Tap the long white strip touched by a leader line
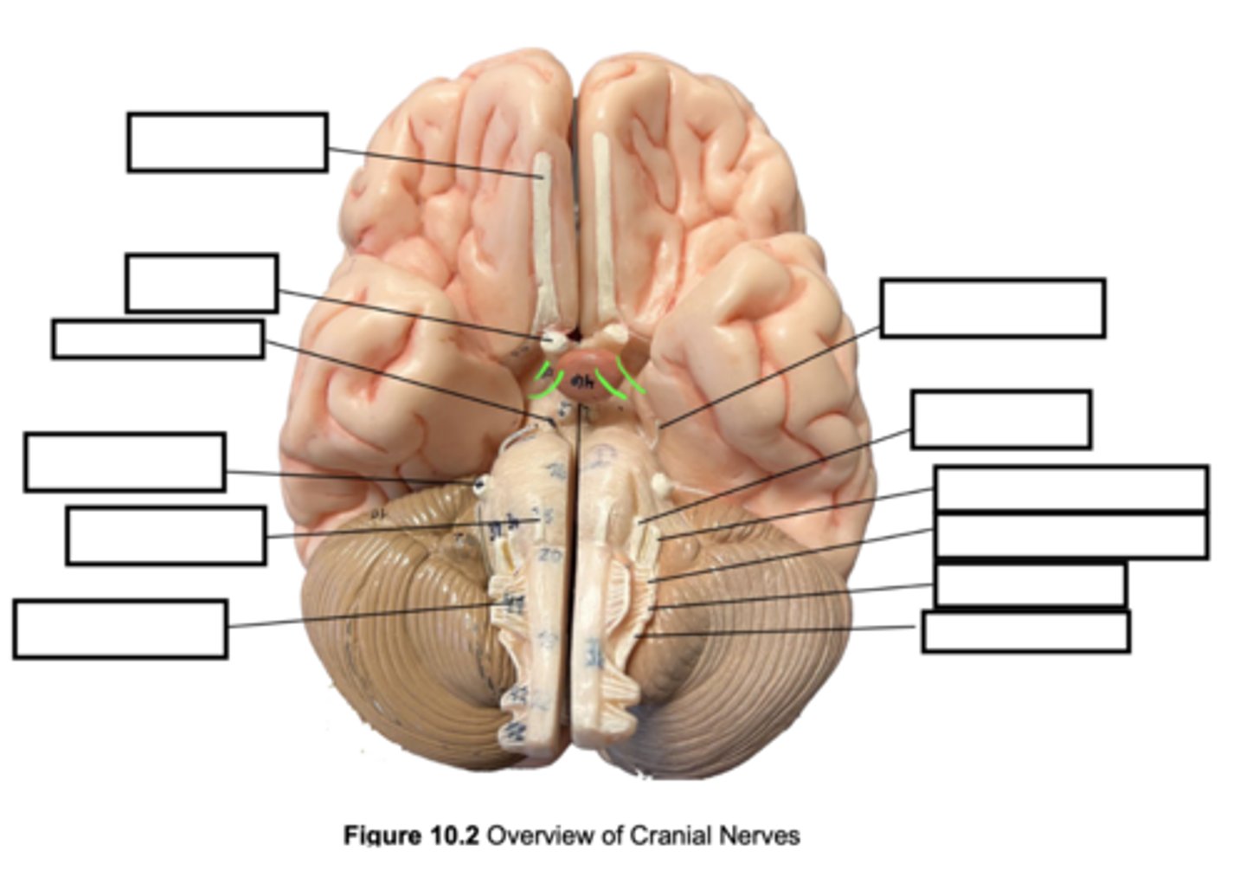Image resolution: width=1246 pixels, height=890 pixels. pyautogui.click(x=544, y=242)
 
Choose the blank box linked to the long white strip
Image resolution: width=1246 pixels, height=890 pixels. pyautogui.click(x=227, y=142)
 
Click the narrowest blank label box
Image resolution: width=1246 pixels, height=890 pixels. pyautogui.click(x=157, y=339)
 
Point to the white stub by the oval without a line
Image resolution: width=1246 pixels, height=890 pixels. pyautogui.click(x=616, y=332)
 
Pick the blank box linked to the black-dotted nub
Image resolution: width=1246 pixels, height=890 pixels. pyautogui.click(x=125, y=462)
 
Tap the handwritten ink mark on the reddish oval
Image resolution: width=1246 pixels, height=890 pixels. pyautogui.click(x=582, y=381)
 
